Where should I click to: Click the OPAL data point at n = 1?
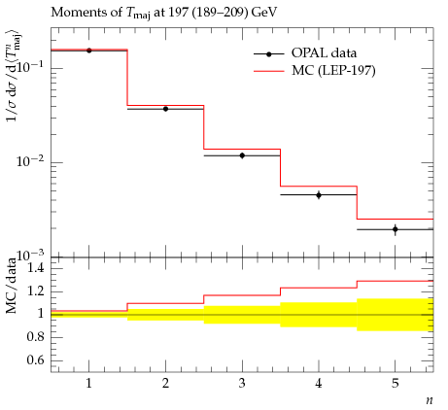point(89,51)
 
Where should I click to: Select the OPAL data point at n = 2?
point(165,109)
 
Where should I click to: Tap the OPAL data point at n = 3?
point(242,155)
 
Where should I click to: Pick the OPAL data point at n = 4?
point(319,195)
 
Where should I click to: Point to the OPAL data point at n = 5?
point(396,229)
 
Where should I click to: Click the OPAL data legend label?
point(324,52)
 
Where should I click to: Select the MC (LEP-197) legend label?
point(333,70)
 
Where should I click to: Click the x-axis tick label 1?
point(88,384)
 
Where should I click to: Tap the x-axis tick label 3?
point(242,384)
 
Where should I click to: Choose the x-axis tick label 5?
point(395,384)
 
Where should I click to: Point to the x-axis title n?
point(430,400)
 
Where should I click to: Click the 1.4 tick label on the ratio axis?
point(36,268)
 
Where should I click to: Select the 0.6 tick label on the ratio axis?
point(36,359)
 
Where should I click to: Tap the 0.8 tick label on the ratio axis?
point(36,337)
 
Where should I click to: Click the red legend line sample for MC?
point(269,71)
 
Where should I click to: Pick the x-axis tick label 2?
point(165,384)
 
